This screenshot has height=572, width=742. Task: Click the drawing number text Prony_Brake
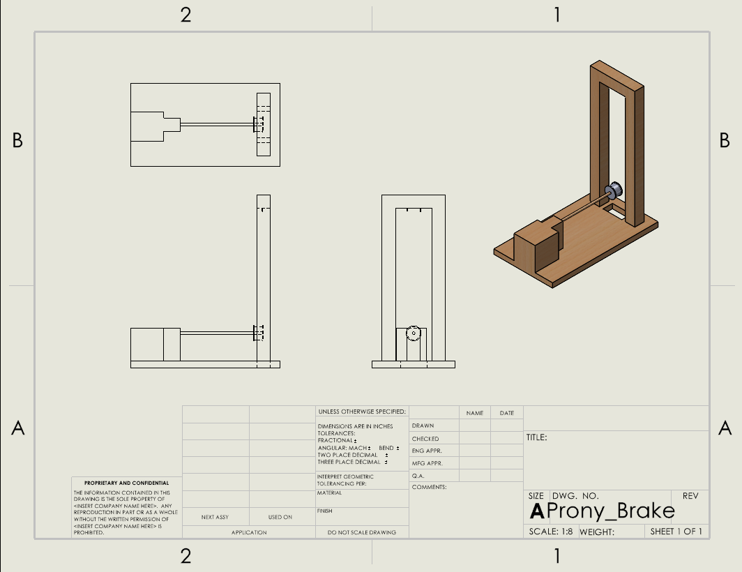[x=612, y=511]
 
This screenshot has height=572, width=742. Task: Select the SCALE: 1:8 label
[x=551, y=532]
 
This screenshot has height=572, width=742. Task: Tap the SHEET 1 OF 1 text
[x=676, y=532]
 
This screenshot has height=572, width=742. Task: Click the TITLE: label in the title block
[x=536, y=437]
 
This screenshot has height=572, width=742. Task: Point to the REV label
[x=690, y=496]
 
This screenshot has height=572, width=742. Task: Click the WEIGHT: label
[x=596, y=532]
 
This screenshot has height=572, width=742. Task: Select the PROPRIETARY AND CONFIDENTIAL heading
[x=126, y=483]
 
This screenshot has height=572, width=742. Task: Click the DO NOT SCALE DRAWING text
[x=362, y=532]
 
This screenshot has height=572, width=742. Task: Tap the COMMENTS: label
[x=429, y=487]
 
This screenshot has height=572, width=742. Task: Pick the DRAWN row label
[x=423, y=426]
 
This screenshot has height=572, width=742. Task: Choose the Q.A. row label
[x=418, y=475]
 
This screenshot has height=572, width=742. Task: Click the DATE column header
[x=507, y=413]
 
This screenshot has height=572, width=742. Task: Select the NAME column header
[x=475, y=413]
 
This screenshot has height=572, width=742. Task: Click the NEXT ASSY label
[x=215, y=518]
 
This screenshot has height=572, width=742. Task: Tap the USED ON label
[x=280, y=518]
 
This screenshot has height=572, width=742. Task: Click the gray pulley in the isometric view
[x=615, y=190]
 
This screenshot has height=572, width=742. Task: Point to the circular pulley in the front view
[x=414, y=333]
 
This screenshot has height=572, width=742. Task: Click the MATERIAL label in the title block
[x=330, y=493]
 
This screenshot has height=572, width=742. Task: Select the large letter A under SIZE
[x=536, y=511]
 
